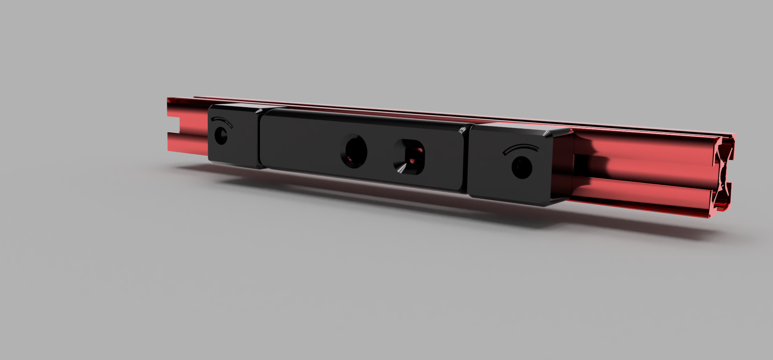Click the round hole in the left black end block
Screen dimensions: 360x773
point(220,136)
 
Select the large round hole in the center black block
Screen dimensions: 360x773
point(354,151)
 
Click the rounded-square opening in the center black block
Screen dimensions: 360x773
point(409,157)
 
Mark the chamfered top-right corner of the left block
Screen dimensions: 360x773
point(259,111)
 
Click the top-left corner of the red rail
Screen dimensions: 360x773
point(169,99)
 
